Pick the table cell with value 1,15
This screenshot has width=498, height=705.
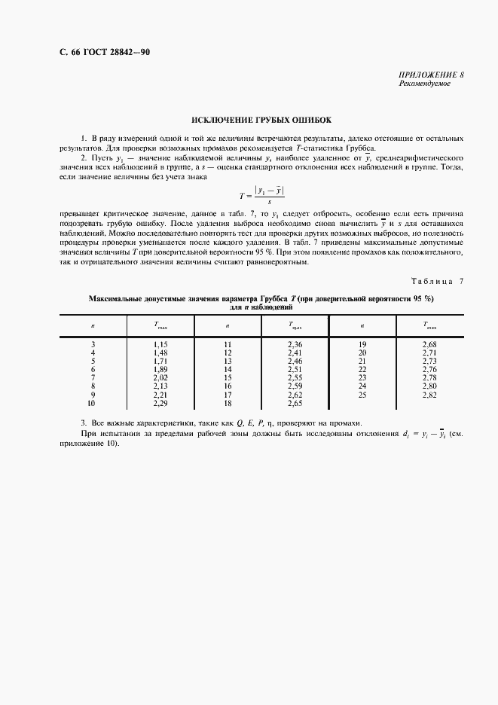point(160,344)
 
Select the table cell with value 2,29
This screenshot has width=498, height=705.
point(160,404)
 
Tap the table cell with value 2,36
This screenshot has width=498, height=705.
point(295,344)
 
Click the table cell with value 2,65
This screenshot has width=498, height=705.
point(295,404)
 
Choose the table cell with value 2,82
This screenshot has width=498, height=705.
point(429,395)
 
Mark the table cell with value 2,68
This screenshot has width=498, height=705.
point(429,344)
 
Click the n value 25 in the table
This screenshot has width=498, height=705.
point(362,395)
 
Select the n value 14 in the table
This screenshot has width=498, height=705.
point(228,370)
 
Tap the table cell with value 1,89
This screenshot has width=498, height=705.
point(160,370)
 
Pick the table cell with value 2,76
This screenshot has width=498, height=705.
point(429,370)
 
